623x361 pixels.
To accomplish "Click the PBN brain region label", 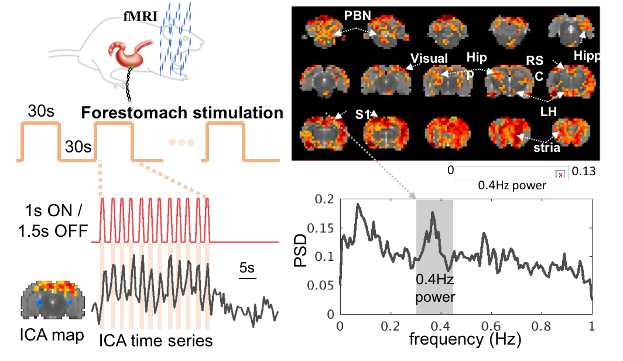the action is coord(357,15).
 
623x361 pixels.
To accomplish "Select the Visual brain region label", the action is coord(429,58).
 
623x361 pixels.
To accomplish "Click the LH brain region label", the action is coord(549,110).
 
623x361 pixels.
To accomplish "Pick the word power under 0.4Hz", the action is coord(434,297).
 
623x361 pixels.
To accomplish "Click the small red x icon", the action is coord(560,175).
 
